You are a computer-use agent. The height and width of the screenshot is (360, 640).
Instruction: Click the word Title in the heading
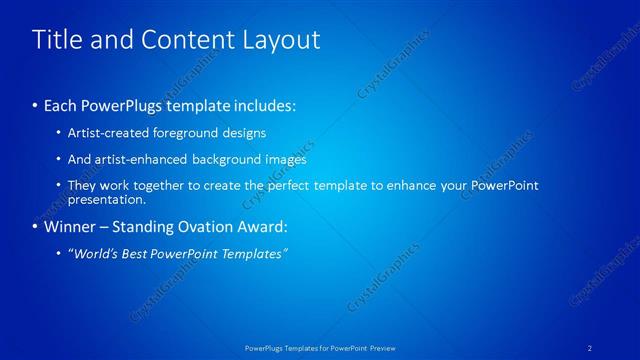[55, 40]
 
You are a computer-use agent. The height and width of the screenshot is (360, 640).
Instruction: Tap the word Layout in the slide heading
[279, 40]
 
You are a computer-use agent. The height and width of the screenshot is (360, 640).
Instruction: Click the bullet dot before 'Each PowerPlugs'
[36, 105]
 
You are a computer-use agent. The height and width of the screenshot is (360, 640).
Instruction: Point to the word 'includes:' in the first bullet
[263, 105]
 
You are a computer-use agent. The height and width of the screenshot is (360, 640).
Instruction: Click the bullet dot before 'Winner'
[36, 227]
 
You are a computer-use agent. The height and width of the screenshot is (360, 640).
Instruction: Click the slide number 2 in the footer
[590, 348]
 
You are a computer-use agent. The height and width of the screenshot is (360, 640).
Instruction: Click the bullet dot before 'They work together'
[59, 186]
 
